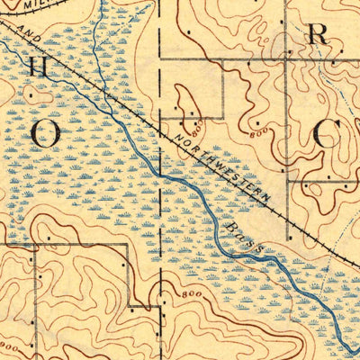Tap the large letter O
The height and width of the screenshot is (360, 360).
pos(46,132)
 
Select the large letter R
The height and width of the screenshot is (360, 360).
pos(317,35)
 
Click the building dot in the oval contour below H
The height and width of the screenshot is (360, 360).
pos(31,93)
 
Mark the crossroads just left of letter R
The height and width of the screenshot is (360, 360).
pos(286,60)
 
